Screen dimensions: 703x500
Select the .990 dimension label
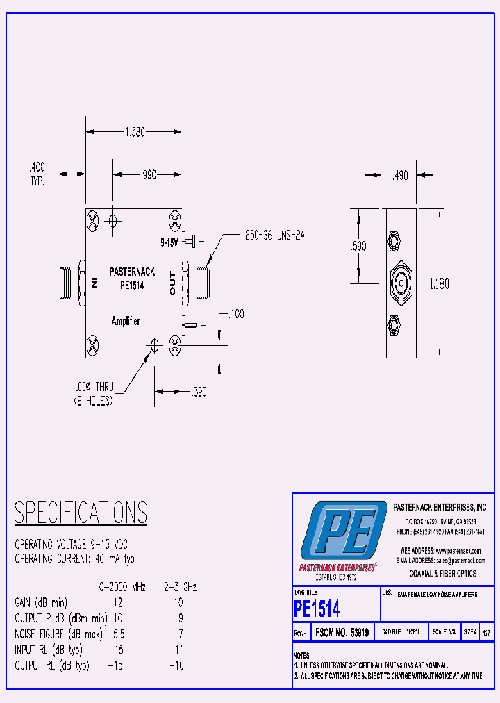[147, 176]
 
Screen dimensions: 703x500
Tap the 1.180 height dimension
[438, 283]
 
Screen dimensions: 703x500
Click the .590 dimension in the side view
[358, 245]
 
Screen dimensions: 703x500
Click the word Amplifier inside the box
[126, 321]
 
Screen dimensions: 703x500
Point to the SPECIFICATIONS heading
[81, 513]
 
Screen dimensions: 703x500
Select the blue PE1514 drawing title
[317, 609]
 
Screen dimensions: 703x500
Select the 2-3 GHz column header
[180, 587]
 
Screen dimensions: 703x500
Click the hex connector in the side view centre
[400, 283]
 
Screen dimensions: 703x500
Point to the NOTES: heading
[303, 655]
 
